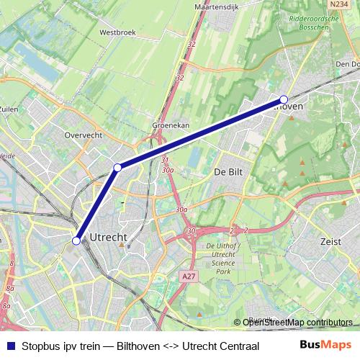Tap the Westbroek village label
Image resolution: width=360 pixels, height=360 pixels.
(117, 32)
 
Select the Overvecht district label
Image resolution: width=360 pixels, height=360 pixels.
(84, 135)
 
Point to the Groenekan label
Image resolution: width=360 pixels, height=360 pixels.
(171, 125)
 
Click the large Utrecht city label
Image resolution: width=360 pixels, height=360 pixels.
(108, 237)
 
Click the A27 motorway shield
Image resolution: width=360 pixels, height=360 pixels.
(189, 275)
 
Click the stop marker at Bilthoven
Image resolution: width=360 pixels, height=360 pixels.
(284, 99)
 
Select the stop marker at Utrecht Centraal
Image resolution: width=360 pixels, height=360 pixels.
(76, 240)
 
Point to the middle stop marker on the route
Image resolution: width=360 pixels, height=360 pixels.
(117, 168)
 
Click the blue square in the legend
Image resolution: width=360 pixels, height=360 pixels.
(10, 345)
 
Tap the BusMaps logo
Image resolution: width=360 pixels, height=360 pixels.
(325, 345)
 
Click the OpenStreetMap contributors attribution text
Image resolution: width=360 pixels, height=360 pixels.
(297, 322)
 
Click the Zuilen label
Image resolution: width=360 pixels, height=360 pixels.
(9, 109)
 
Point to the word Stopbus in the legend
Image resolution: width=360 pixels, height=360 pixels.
(41, 345)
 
